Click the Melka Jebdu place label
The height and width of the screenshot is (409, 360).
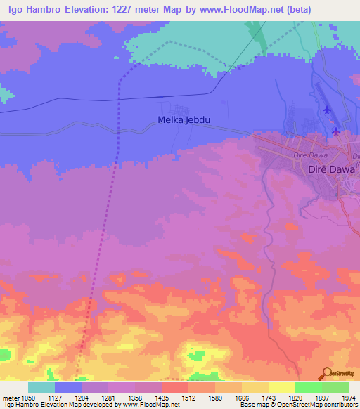pyautogui.click(x=185, y=120)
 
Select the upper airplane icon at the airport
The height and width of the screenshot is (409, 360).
pyautogui.click(x=326, y=110)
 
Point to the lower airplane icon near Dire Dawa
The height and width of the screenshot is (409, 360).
pyautogui.click(x=336, y=131)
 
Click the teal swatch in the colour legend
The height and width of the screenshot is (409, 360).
pyautogui.click(x=41, y=387)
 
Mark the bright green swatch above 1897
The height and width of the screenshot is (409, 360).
pyautogui.click(x=308, y=387)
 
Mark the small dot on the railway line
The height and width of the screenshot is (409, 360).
pyautogui.click(x=162, y=96)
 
